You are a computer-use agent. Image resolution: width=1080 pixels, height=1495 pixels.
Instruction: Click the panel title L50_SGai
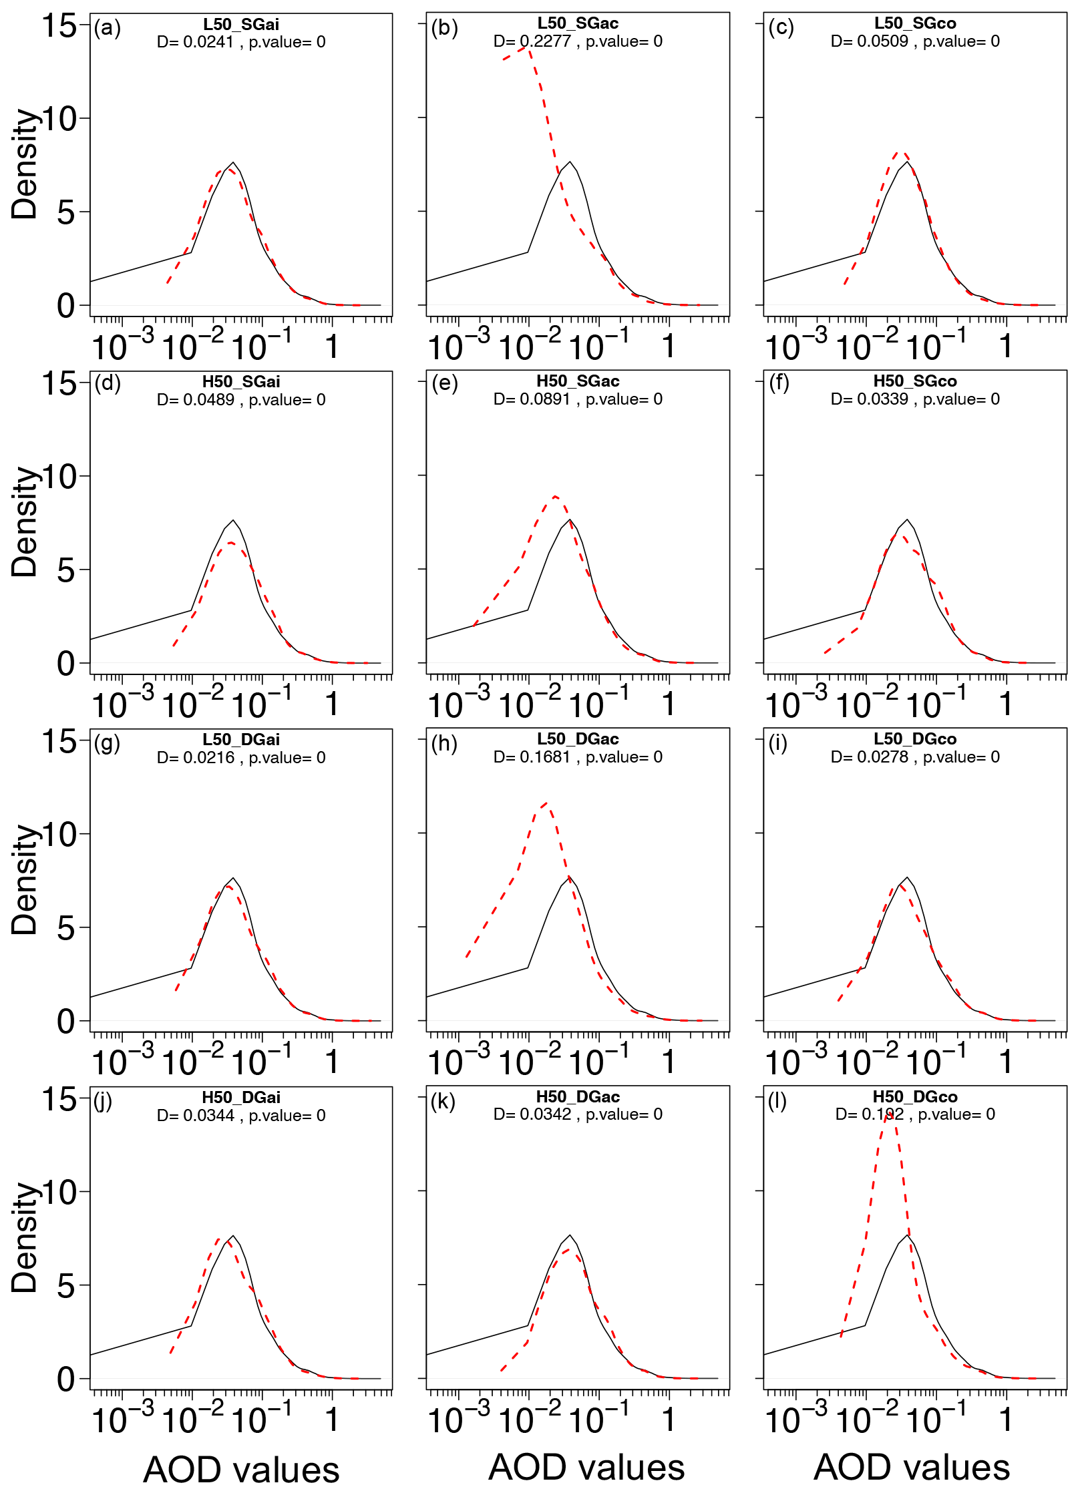[241, 25]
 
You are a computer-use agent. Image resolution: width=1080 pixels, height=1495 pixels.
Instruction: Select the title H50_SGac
[578, 381]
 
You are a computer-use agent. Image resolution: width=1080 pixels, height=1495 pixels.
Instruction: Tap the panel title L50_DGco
[915, 739]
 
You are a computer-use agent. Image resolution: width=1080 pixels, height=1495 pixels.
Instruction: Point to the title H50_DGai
[241, 1097]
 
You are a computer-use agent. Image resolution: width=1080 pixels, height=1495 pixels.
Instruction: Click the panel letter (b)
[444, 28]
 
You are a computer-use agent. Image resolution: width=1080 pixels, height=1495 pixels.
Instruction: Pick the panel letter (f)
[779, 383]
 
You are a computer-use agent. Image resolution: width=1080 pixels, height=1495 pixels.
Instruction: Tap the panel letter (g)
[107, 742]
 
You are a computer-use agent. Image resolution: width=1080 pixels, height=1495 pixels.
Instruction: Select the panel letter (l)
[777, 1100]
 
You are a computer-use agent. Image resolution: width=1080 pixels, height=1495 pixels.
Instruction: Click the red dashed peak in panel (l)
[890, 1112]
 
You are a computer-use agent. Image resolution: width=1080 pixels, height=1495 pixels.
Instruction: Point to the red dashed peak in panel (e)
[554, 496]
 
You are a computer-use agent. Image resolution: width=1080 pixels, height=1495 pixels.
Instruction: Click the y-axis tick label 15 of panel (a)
[59, 27]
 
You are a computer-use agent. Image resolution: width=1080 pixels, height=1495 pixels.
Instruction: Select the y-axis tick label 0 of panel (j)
[65, 1379]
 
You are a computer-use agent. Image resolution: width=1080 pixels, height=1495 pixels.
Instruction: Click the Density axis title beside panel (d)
[25, 521]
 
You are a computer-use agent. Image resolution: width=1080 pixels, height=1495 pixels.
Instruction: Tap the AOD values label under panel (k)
[586, 1467]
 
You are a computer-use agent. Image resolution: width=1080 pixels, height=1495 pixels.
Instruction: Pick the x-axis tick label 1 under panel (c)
[1005, 347]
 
